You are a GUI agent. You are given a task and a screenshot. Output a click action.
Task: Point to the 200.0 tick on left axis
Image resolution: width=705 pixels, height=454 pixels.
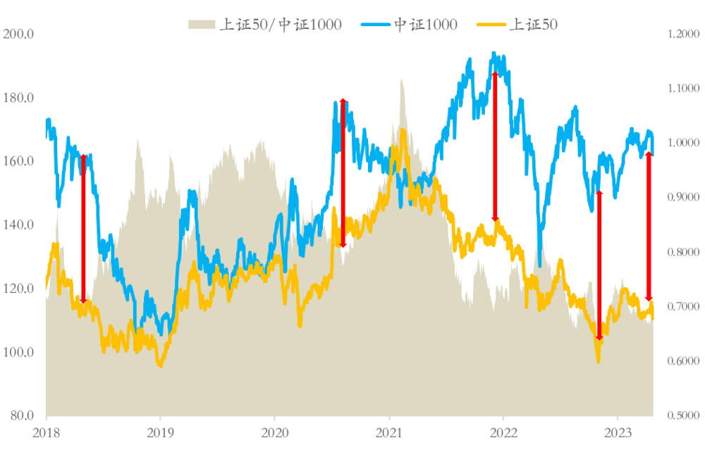click(19, 34)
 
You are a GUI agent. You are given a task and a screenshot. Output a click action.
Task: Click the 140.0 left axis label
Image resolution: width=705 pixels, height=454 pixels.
click(19, 225)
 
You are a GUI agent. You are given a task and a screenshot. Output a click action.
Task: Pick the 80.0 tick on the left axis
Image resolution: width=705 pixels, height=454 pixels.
click(22, 415)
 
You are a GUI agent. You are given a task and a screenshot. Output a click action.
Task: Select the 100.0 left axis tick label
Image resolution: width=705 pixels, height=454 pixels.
click(19, 352)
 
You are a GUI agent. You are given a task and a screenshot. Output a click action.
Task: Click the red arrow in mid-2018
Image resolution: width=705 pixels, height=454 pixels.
click(83, 229)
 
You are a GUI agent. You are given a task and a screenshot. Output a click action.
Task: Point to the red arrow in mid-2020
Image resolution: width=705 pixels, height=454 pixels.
click(343, 173)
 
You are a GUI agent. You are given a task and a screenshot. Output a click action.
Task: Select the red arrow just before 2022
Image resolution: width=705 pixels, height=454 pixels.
click(495, 146)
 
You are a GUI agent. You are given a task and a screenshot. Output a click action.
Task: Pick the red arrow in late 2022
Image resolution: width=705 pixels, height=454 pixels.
click(599, 265)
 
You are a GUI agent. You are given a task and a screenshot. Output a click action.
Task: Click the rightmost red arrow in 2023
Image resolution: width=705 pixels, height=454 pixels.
click(649, 227)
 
